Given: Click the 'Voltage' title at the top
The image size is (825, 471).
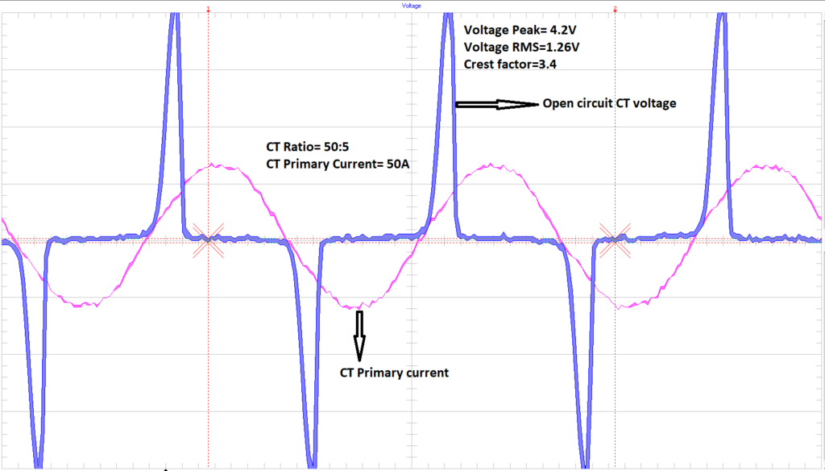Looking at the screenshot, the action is point(411,5).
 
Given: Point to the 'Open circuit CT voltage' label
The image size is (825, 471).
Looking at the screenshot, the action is point(608,103).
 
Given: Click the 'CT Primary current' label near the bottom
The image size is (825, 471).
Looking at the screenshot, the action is point(394,373).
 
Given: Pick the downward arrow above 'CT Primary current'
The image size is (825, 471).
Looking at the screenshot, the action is point(359,335).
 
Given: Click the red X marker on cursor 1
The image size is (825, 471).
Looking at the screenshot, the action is point(209,240).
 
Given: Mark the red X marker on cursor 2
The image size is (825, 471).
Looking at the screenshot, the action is point(616,240).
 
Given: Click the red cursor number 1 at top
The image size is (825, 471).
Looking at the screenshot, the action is point(209,9).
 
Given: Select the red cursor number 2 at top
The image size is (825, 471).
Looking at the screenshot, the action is point(616,9).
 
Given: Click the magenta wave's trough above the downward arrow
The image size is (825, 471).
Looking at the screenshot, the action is point(358,306).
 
